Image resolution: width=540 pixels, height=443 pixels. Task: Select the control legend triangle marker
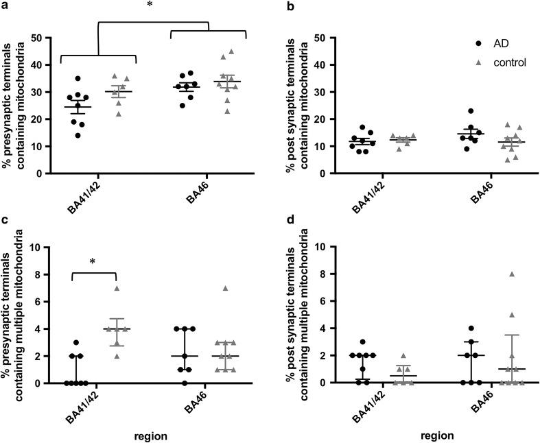[478, 62]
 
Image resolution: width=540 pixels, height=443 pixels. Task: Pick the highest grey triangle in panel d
[492, 274]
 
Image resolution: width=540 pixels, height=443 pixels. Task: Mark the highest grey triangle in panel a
[231, 51]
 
